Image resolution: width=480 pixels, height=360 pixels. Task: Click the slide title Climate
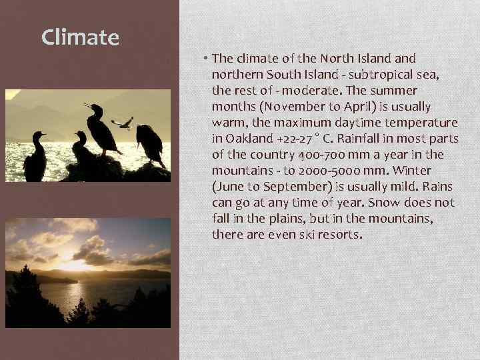(x=80, y=37)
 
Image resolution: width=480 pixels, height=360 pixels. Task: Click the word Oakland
(x=247, y=139)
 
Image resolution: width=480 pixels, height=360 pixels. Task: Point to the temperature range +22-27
(x=298, y=139)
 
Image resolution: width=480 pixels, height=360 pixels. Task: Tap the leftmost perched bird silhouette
(x=35, y=157)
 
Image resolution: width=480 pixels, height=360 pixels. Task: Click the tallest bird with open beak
(x=102, y=128)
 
